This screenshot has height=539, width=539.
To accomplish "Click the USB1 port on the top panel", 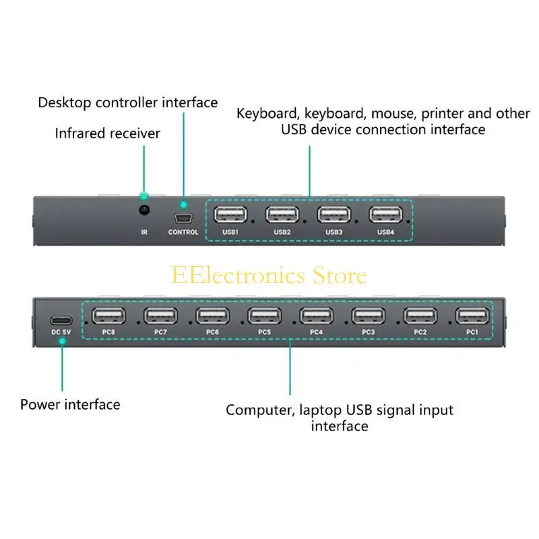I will [x=230, y=214].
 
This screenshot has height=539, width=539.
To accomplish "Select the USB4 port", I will [x=385, y=214].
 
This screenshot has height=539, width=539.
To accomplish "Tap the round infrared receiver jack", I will [x=144, y=211].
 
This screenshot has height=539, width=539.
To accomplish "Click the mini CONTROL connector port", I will [x=183, y=218].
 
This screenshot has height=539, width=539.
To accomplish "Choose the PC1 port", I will [x=472, y=315].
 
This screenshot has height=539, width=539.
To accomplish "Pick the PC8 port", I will [x=108, y=315].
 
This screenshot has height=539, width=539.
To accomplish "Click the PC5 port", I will [x=264, y=315].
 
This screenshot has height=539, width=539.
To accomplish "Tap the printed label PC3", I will [x=368, y=332].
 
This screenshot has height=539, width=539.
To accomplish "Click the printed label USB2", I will [x=282, y=232].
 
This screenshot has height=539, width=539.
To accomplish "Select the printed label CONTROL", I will [x=183, y=232].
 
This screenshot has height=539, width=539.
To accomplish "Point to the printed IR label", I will [x=144, y=232].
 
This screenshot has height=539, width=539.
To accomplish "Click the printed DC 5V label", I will [x=61, y=332].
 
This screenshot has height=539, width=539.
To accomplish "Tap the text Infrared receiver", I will [x=108, y=133].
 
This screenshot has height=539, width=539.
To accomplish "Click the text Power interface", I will [x=70, y=404].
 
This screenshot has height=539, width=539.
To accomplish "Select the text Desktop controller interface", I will [x=128, y=102].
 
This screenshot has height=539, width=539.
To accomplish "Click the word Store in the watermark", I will [x=340, y=275].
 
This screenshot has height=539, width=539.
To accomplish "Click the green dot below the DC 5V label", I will [x=61, y=342].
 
